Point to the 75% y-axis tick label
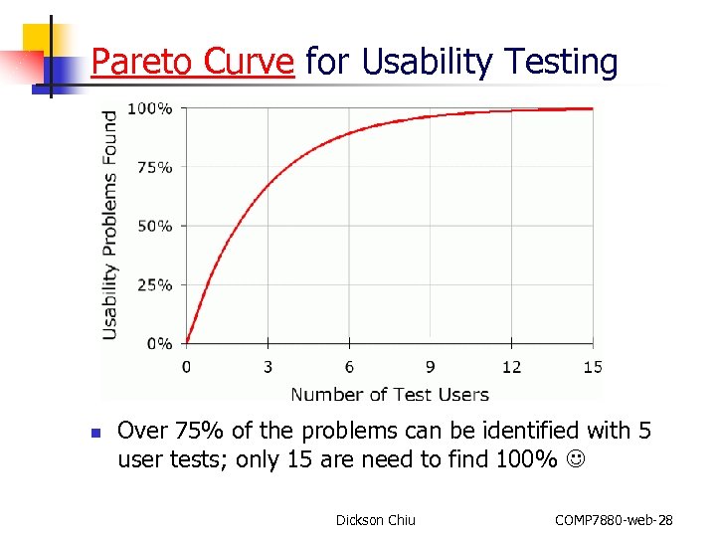(x=154, y=167)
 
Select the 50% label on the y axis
(x=154, y=226)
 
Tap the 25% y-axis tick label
(x=154, y=285)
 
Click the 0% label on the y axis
(x=159, y=344)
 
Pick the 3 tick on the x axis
(x=268, y=367)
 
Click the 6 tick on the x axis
(x=349, y=367)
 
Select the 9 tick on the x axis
(x=431, y=367)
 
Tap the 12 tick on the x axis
(x=511, y=367)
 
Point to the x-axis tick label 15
(x=593, y=367)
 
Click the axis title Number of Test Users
(x=390, y=394)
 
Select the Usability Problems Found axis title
(x=110, y=225)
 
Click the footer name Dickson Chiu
(x=376, y=520)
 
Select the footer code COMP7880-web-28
(x=614, y=520)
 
